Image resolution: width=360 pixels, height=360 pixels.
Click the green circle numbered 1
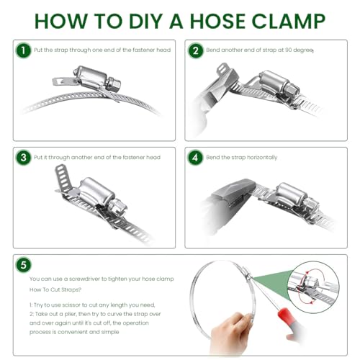click(23, 50)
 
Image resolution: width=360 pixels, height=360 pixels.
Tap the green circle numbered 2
click(195, 50)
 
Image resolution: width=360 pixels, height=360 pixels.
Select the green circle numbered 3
click(23, 158)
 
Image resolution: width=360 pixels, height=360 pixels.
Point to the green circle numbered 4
click(195, 158)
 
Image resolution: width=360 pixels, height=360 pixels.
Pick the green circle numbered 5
click(23, 265)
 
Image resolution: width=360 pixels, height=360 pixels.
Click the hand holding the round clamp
click(230, 333)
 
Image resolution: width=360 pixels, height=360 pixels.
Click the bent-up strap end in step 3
click(63, 178)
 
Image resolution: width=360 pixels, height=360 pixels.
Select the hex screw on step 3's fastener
click(117, 207)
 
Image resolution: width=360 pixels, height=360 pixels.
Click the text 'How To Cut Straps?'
click(55, 289)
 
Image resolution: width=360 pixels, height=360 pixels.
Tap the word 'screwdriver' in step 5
click(84, 279)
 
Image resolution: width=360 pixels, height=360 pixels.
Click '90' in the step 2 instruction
click(288, 50)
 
